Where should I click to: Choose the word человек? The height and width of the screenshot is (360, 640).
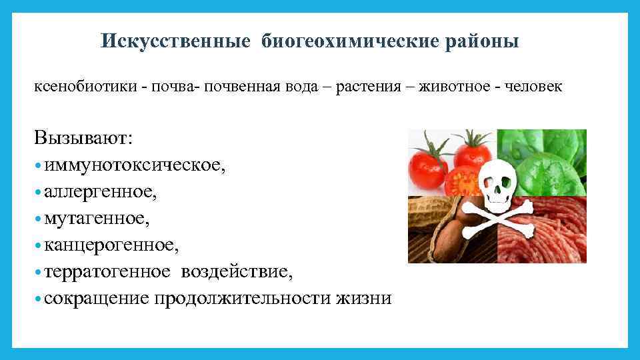pos(534,87)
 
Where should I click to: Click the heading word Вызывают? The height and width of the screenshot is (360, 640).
pos(84,138)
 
